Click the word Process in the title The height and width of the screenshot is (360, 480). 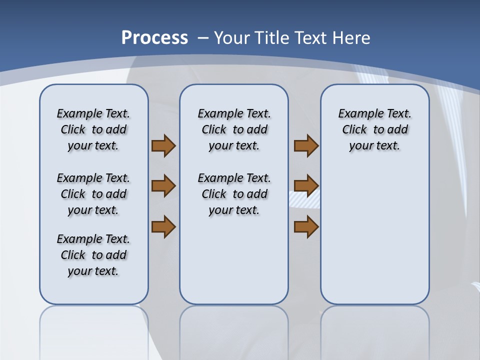pos(154,38)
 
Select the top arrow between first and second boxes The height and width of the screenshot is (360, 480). pos(163,145)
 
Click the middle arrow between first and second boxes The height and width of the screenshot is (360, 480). pos(163,186)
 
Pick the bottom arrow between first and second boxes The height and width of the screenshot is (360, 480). pos(163,226)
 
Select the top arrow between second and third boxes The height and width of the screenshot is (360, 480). pos(306,145)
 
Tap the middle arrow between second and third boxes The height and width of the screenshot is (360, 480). pos(306,186)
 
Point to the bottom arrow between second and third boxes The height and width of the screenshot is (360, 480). pos(306,226)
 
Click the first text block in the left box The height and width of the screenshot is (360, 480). pos(93,129)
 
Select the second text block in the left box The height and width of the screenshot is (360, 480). pos(93,194)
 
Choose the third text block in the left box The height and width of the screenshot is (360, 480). pos(93,255)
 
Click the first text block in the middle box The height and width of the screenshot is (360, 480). pos(234,129)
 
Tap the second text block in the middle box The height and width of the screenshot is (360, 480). pos(234,194)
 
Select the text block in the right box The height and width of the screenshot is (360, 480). pos(375,129)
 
